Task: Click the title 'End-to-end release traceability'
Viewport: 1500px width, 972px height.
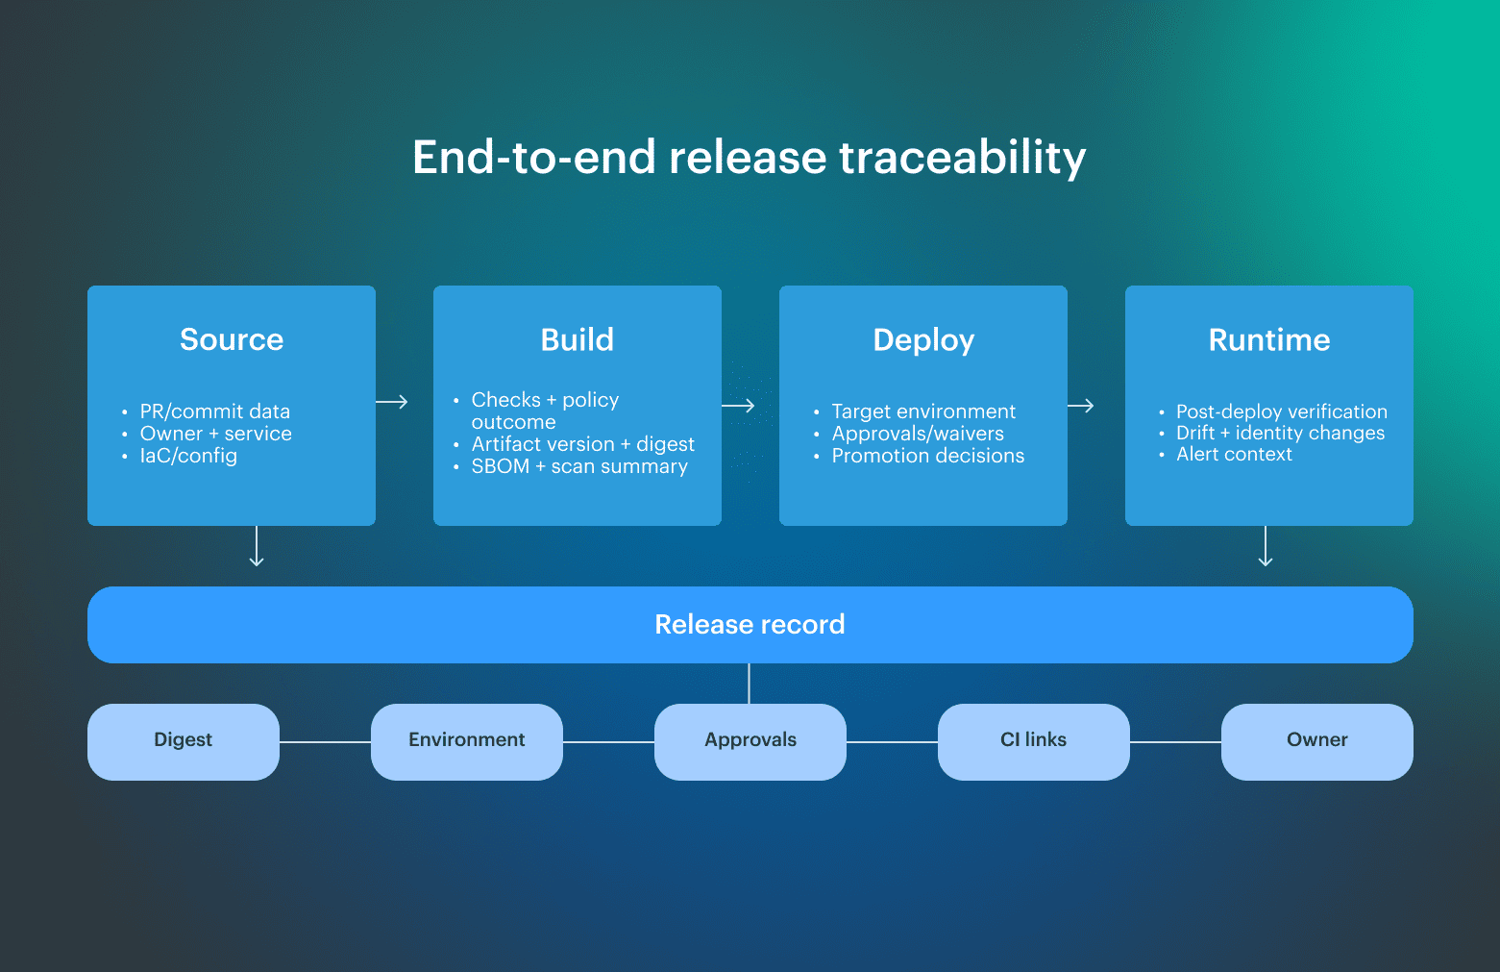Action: pos(749,158)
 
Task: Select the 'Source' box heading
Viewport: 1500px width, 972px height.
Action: pos(232,339)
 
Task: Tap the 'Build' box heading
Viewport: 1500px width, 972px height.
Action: pos(577,339)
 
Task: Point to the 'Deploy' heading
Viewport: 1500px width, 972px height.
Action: pos(923,340)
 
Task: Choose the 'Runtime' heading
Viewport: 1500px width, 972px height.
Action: pos(1268,339)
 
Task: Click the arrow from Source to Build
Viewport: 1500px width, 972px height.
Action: pos(392,402)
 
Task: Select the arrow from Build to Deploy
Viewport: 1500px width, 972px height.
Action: pos(738,406)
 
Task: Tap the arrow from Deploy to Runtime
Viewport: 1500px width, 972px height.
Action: pos(1081,406)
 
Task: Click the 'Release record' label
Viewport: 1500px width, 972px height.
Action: pos(750,625)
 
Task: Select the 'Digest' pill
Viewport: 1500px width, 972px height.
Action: pos(184,740)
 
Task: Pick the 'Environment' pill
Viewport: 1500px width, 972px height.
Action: pos(467,740)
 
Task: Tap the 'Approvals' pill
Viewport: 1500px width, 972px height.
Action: pos(750,740)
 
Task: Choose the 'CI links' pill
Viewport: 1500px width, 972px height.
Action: pos(1033,740)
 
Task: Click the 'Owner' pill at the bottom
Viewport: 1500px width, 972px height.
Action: pos(1316,740)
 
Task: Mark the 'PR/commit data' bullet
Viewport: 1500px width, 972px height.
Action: pos(214,411)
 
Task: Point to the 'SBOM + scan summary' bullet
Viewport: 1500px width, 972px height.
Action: pos(579,466)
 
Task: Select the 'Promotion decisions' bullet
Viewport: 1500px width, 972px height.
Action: pos(927,456)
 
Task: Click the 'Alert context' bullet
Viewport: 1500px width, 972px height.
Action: pos(1234,455)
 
